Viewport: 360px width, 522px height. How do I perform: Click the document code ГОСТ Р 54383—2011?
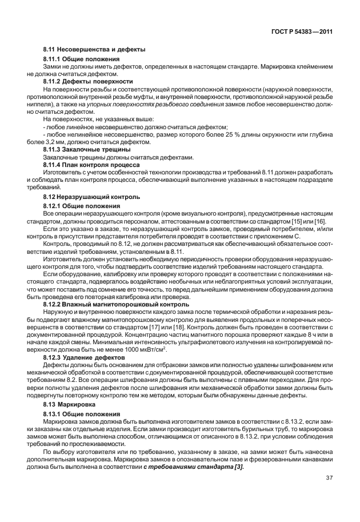point(302,32)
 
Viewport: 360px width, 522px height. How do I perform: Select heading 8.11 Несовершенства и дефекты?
point(94,50)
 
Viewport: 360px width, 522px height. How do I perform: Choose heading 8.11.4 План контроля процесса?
point(89,164)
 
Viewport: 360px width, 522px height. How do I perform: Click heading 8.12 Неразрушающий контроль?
point(91,196)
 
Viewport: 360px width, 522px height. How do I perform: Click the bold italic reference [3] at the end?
point(237,467)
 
